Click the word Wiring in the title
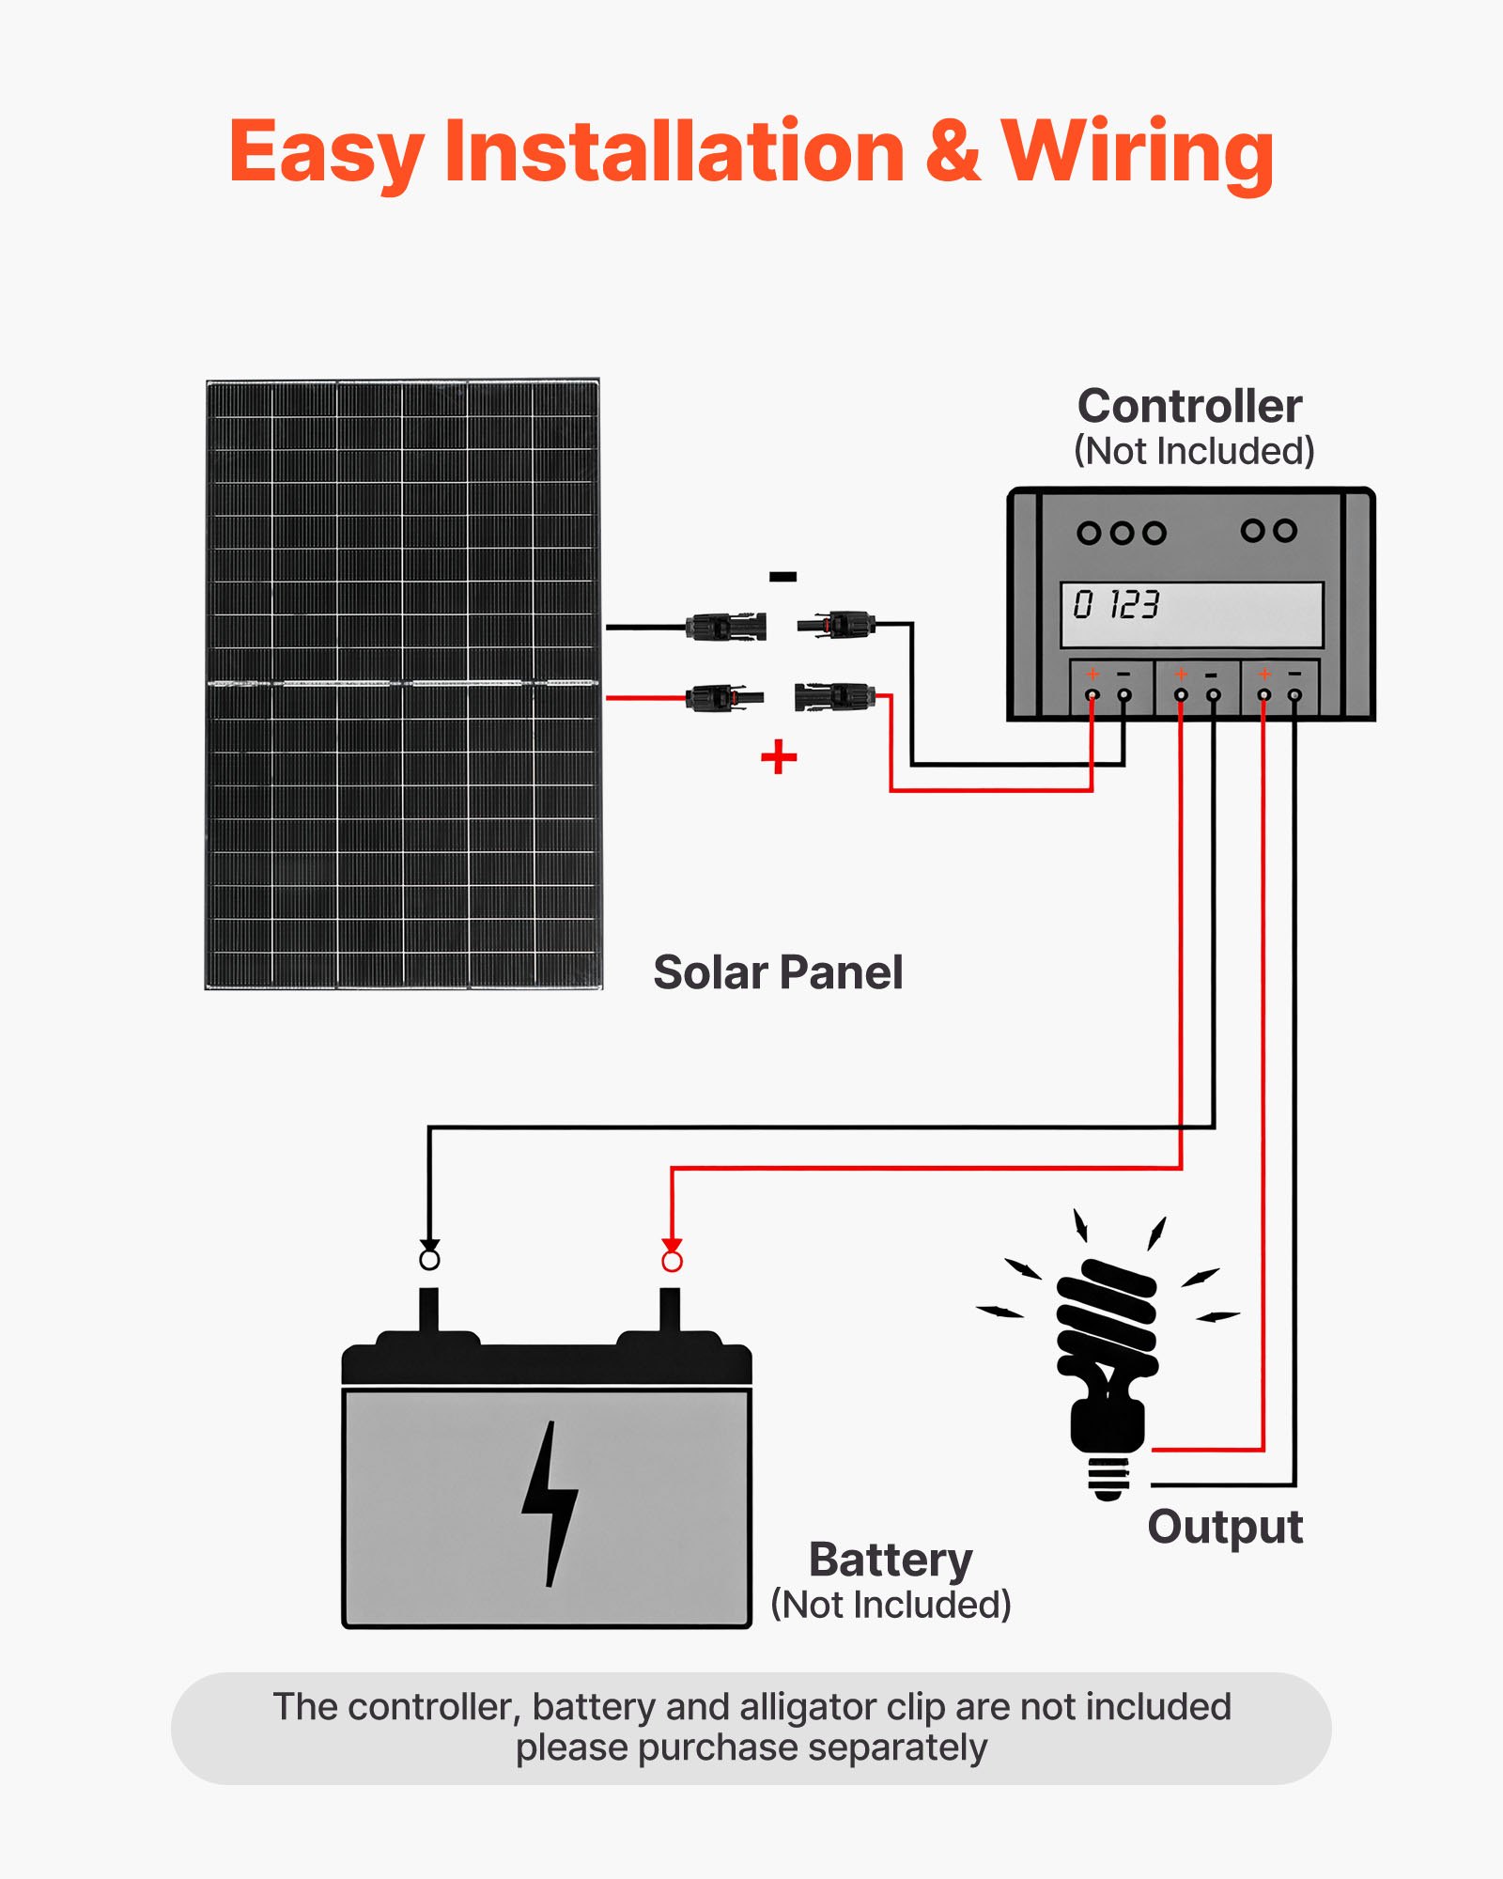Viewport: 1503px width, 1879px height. click(1137, 152)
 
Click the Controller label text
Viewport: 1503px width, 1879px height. click(1189, 406)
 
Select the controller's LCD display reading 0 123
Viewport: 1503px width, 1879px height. click(1191, 613)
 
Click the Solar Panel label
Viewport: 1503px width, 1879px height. click(778, 972)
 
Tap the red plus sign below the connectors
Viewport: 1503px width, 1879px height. click(779, 756)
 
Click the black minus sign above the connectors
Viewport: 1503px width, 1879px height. click(782, 576)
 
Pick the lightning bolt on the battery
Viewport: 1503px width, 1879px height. click(550, 1503)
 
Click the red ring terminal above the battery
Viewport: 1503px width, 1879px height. click(672, 1261)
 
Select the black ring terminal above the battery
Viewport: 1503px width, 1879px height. click(429, 1258)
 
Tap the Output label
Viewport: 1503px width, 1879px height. click(1225, 1527)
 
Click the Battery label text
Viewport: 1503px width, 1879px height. click(891, 1561)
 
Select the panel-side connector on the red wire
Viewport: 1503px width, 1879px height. click(723, 698)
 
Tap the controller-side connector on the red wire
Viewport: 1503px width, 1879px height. click(834, 697)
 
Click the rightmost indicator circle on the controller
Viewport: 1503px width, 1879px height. click(1286, 531)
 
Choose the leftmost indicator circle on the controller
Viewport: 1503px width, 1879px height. click(1089, 533)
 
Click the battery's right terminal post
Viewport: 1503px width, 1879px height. click(670, 1310)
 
